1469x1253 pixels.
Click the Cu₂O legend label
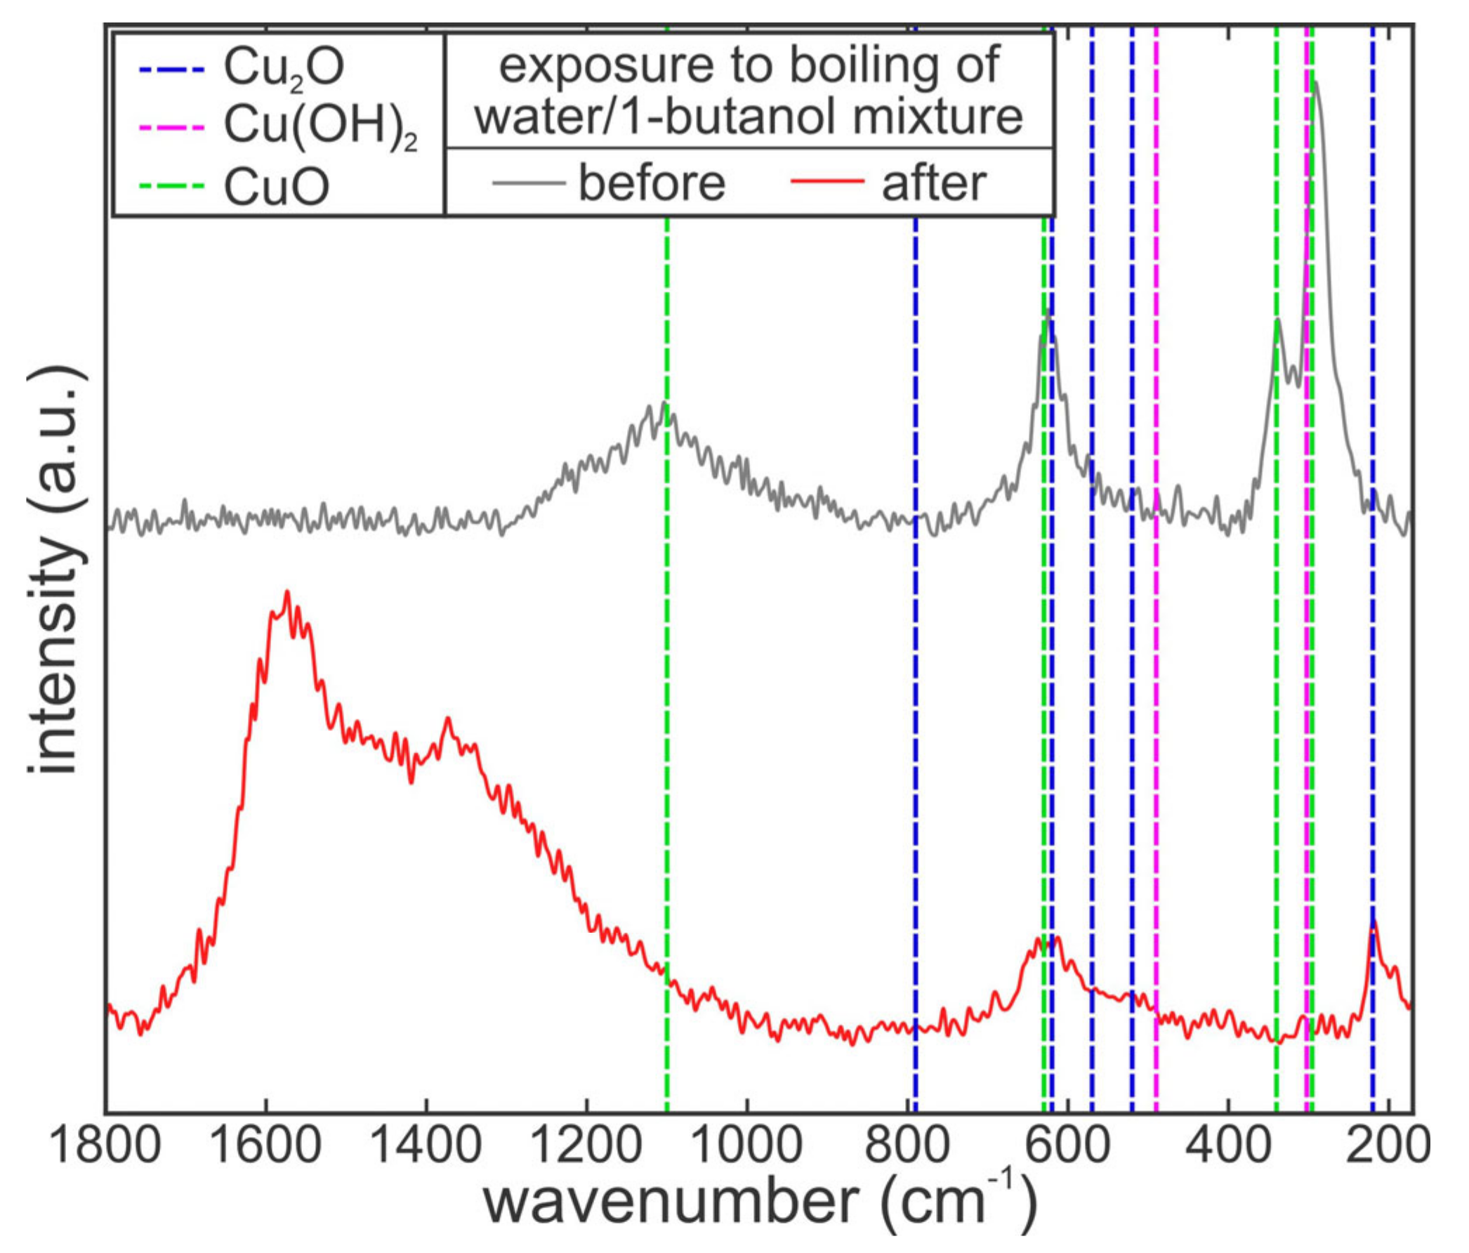(x=284, y=68)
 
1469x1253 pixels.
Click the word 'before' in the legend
(x=652, y=182)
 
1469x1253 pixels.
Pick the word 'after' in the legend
(x=934, y=182)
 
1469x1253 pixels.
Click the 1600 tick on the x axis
(x=267, y=1144)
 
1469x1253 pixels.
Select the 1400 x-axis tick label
(x=427, y=1144)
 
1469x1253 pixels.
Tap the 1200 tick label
(x=587, y=1144)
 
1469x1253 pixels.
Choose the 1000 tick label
(x=747, y=1144)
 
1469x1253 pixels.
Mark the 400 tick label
(x=1228, y=1144)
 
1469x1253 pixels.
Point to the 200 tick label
(x=1388, y=1144)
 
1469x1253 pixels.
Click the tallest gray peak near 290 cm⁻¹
(x=1316, y=84)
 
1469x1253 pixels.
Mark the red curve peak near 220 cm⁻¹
(x=1374, y=924)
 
